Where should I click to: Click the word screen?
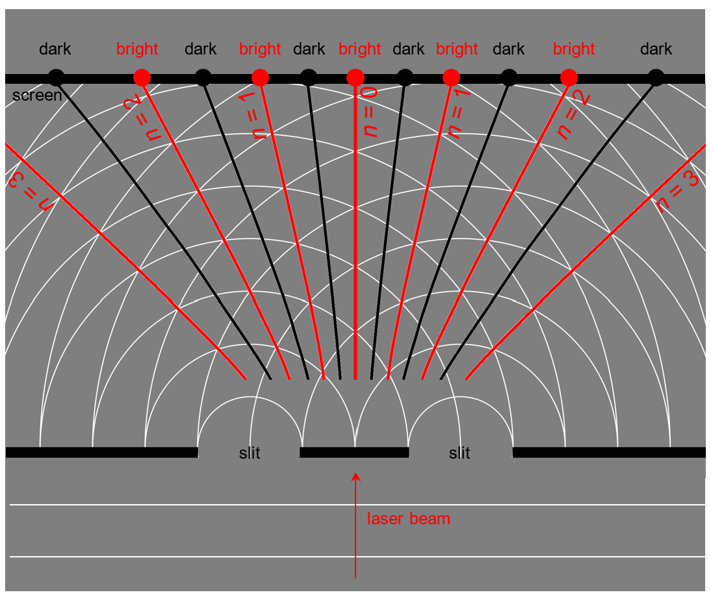37,96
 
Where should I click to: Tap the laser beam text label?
408,518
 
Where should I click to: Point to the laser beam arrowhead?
355,478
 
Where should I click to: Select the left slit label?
250,453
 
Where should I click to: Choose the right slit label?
459,453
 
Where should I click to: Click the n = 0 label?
370,113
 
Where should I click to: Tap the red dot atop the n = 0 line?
355,78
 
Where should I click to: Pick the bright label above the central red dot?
359,49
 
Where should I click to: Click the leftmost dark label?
55,49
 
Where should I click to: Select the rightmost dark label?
656,49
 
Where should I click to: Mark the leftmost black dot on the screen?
57,78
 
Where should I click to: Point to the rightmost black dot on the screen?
656,78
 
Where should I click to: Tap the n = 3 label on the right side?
677,192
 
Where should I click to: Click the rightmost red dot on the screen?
569,78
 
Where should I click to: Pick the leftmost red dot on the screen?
142,78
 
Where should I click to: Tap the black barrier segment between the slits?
354,452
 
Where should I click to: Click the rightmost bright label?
574,49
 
